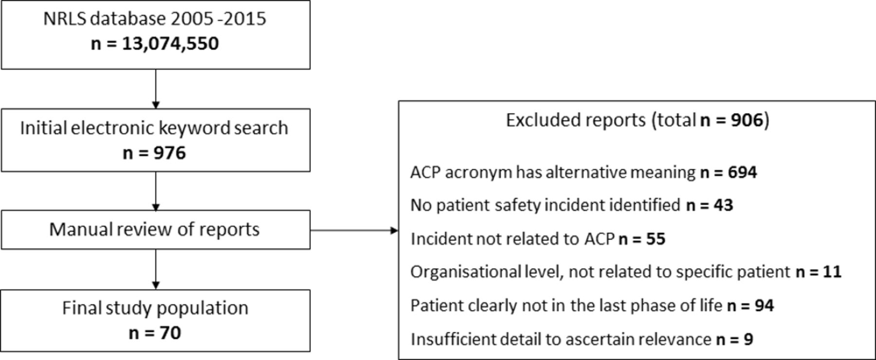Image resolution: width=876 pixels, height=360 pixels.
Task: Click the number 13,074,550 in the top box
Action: click(170, 44)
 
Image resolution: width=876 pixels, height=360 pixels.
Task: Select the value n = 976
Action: click(154, 153)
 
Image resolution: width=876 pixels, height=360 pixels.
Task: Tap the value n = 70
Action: click(155, 333)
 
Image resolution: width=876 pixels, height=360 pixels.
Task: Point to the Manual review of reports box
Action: click(155, 230)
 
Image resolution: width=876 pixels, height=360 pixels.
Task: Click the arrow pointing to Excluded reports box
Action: click(354, 230)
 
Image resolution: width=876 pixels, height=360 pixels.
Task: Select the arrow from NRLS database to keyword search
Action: click(156, 89)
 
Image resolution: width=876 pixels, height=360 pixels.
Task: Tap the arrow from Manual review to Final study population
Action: click(156, 270)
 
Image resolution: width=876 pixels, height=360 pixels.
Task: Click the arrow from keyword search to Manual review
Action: click(156, 191)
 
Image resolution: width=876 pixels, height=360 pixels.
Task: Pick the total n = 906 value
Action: click(732, 120)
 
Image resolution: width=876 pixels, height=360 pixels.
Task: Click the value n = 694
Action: click(729, 172)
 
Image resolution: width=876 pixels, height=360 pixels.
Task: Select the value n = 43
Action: click(710, 205)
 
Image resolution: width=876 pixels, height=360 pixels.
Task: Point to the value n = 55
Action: click(642, 239)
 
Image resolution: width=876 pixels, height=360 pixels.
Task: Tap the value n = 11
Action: click(819, 271)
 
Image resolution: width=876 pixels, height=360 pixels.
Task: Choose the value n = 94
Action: click(750, 306)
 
